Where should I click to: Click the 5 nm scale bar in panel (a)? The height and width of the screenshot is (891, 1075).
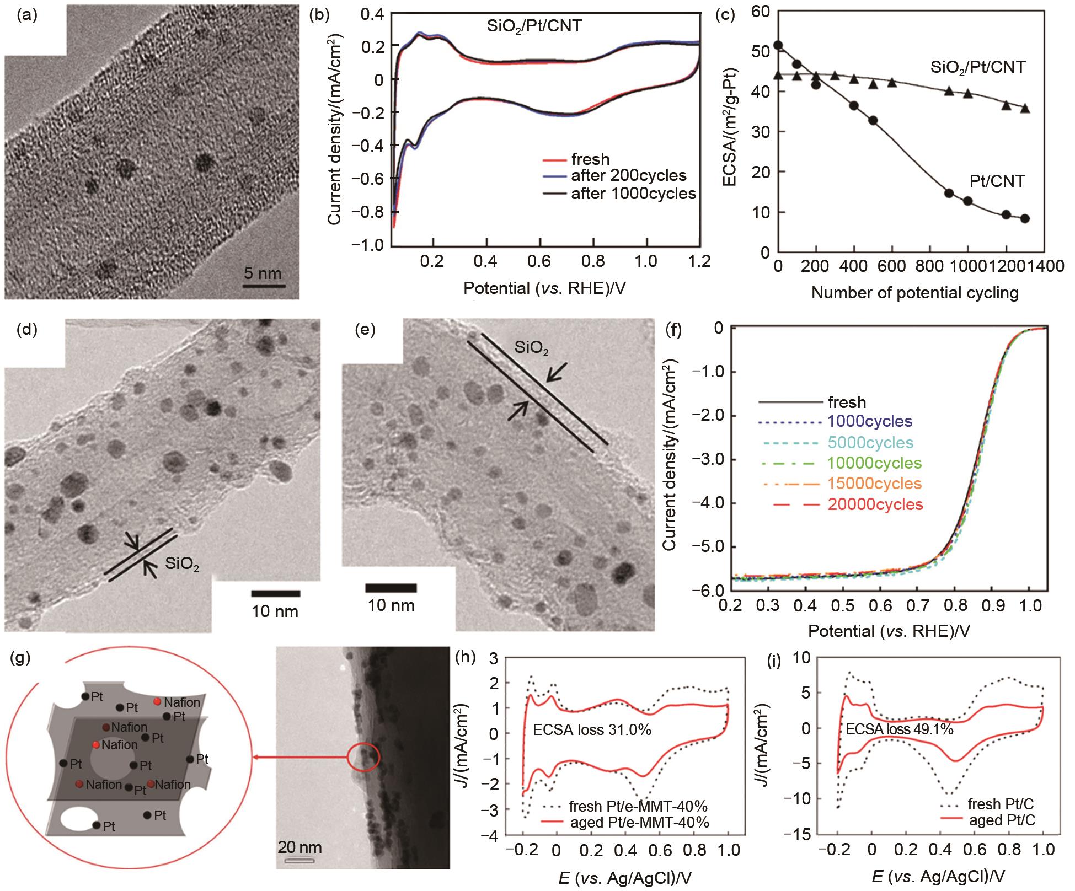coord(264,286)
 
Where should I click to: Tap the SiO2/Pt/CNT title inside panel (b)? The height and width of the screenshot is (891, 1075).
coord(534,26)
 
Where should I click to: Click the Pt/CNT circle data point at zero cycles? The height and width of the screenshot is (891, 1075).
coord(778,45)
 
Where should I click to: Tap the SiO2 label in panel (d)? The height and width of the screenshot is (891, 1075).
coord(182,564)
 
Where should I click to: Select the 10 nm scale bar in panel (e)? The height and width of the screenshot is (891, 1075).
coord(391,588)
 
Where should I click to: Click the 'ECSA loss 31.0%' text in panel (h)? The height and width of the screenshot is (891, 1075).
coord(592,731)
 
